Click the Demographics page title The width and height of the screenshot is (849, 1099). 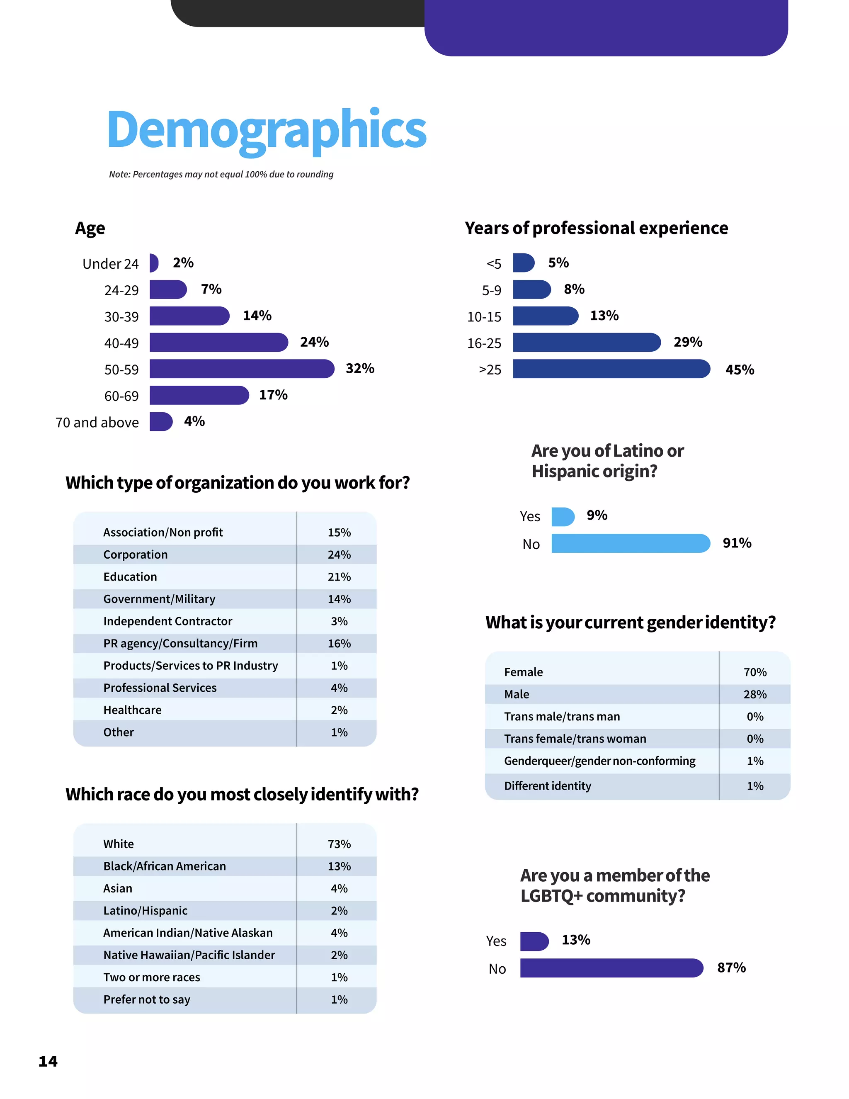[267, 130]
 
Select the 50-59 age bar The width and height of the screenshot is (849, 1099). [241, 368]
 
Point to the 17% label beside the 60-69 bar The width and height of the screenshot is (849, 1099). [273, 395]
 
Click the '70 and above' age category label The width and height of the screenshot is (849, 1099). [97, 422]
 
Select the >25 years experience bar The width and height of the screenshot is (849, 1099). [611, 369]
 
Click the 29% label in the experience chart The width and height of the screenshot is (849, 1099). [688, 342]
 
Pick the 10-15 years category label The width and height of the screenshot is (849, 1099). [484, 316]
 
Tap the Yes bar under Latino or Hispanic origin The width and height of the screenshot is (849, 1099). [562, 516]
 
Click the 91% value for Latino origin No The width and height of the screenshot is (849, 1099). [737, 543]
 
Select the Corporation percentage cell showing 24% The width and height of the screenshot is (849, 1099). [339, 554]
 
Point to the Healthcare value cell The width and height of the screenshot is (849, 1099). [339, 710]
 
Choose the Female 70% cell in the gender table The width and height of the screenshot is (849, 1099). [754, 672]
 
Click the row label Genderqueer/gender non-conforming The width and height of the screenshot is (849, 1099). [599, 761]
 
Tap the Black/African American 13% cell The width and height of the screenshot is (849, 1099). [339, 866]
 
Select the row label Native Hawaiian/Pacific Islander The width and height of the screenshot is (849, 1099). [189, 955]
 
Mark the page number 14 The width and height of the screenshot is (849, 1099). [48, 1061]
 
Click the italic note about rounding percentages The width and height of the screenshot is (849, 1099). [221, 174]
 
